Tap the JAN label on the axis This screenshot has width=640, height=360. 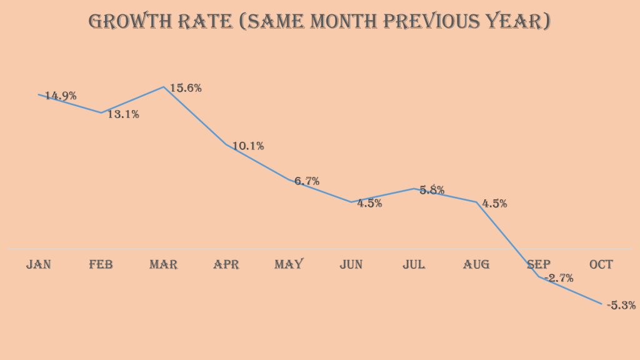tap(39, 264)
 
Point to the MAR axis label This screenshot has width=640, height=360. tap(163, 264)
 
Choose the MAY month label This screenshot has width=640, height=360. tap(289, 264)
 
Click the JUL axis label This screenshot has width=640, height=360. tap(414, 264)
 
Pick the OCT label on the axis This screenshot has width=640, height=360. tap(601, 264)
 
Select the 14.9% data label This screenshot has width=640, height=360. tap(61, 96)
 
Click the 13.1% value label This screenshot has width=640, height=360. tap(123, 114)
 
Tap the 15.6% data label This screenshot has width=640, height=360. tap(186, 88)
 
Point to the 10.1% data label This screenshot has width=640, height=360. tap(248, 146)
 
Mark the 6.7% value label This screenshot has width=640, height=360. tap(307, 181)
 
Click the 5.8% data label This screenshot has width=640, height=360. tap(432, 190)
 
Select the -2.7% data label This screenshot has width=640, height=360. tap(559, 278)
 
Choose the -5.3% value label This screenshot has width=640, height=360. tap(621, 306)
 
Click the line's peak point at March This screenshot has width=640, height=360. tap(164, 87)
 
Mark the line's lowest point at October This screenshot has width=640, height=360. tap(602, 304)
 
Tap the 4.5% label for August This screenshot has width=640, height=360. tap(494, 203)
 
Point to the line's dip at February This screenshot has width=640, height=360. tap(101, 112)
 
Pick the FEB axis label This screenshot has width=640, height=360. tap(101, 264)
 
